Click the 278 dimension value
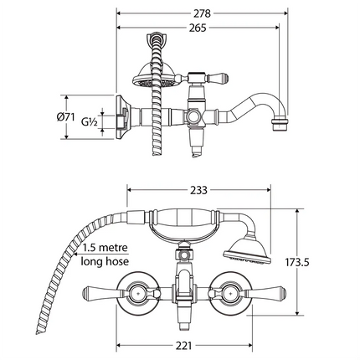tap(198, 13)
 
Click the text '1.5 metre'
tap(107, 249)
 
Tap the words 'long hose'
tap(107, 263)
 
